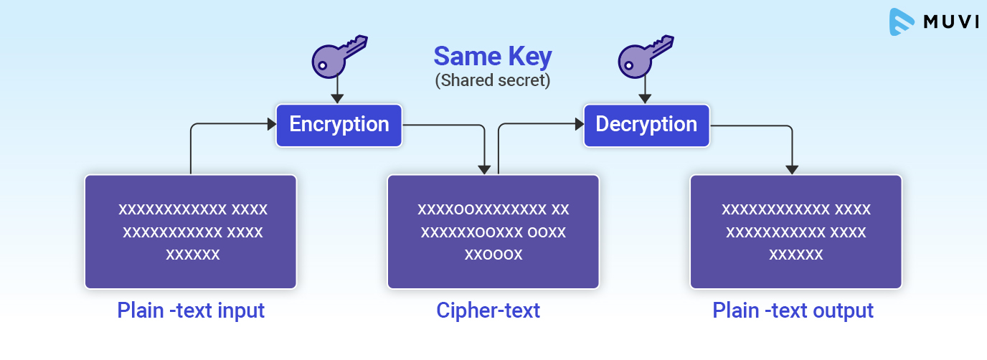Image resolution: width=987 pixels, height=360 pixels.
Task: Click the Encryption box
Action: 339,125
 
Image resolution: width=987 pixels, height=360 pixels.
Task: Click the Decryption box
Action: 646,125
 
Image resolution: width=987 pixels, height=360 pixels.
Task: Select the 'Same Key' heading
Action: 493,56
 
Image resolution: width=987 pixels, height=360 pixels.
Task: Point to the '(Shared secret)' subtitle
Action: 493,80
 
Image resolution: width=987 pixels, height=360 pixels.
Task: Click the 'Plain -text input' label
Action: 191,311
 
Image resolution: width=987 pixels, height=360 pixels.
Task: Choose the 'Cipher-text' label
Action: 488,311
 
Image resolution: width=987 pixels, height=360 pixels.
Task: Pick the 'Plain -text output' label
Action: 793,311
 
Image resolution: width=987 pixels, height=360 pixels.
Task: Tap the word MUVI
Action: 951,22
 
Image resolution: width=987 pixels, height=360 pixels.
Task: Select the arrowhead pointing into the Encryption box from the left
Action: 271,124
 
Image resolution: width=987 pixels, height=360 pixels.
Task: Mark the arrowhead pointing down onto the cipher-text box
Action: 485,169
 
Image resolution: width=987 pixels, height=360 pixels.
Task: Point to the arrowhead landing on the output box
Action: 792,169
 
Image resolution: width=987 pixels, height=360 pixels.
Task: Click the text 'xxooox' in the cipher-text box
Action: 493,255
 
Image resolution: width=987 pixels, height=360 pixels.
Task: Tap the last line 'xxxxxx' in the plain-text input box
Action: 193,255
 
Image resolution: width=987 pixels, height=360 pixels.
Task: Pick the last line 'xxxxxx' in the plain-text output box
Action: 796,255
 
